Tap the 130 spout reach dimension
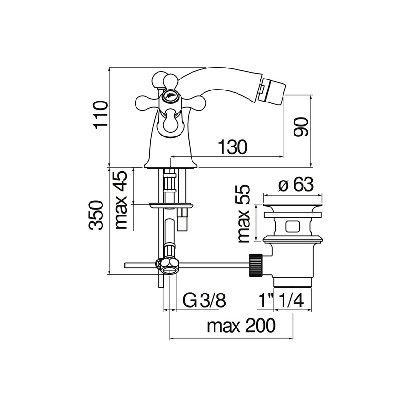[x=233, y=147]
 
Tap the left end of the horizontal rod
[x=125, y=265]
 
